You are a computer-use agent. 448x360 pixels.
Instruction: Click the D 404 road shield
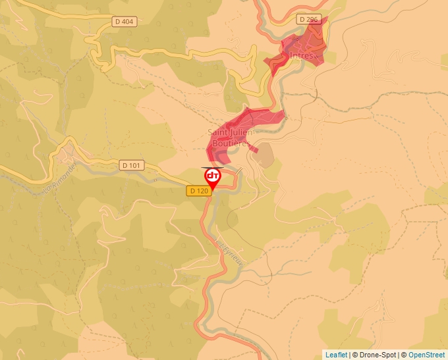(x=123, y=22)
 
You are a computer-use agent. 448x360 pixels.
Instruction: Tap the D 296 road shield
(x=308, y=20)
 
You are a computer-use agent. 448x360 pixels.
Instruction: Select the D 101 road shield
(x=131, y=165)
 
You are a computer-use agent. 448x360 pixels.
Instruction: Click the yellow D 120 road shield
(x=198, y=191)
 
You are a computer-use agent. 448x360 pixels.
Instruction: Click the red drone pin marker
(x=213, y=177)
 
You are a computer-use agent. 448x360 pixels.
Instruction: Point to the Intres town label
(x=301, y=56)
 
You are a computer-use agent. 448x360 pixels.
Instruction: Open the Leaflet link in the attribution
(x=336, y=355)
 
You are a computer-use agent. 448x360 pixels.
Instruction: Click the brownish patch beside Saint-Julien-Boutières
(x=264, y=155)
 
